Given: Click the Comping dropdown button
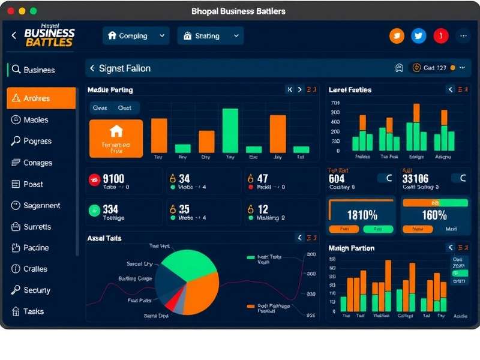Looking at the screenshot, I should (136, 36).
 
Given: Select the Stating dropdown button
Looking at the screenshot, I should (210, 36).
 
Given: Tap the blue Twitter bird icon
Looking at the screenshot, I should (419, 36).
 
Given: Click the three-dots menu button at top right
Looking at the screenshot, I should (463, 36).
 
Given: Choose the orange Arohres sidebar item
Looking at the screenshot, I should (41, 98).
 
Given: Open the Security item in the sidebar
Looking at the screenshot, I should (37, 290).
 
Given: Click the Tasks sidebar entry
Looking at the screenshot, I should (34, 311).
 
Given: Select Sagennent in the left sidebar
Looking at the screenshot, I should (41, 205).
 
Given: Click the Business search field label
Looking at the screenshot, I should (39, 70).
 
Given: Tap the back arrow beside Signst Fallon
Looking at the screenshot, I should (92, 68).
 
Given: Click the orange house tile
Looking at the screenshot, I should (116, 138).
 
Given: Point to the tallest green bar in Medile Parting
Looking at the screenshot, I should (230, 130).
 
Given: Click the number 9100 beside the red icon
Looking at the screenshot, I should (113, 179).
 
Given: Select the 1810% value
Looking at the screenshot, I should (362, 215).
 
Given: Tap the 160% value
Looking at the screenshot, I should (434, 215).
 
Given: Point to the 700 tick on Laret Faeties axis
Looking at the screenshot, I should (335, 103).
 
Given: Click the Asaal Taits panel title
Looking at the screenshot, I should (104, 238).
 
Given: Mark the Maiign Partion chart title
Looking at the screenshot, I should (352, 248).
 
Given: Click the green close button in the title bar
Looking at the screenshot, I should (33, 11).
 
